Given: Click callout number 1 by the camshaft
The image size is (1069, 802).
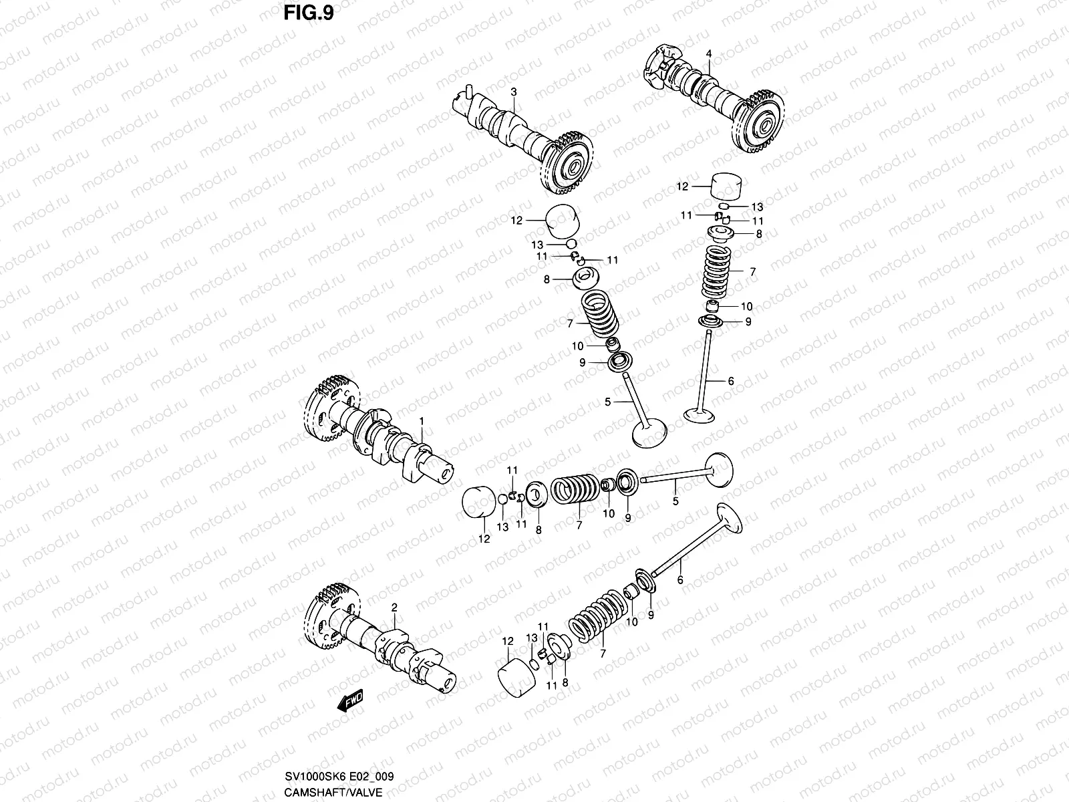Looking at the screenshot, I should (x=422, y=421).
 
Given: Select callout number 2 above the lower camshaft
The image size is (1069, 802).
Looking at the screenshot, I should (x=394, y=608).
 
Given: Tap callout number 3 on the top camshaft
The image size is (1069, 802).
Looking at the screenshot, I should (x=513, y=91).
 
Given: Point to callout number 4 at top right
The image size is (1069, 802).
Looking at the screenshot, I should (x=709, y=53).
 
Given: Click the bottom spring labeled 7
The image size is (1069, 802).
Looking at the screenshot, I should (x=598, y=616).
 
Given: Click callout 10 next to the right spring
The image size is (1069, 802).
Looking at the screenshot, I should (x=746, y=306).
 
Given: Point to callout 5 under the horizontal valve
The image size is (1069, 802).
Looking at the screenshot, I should (x=675, y=501).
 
